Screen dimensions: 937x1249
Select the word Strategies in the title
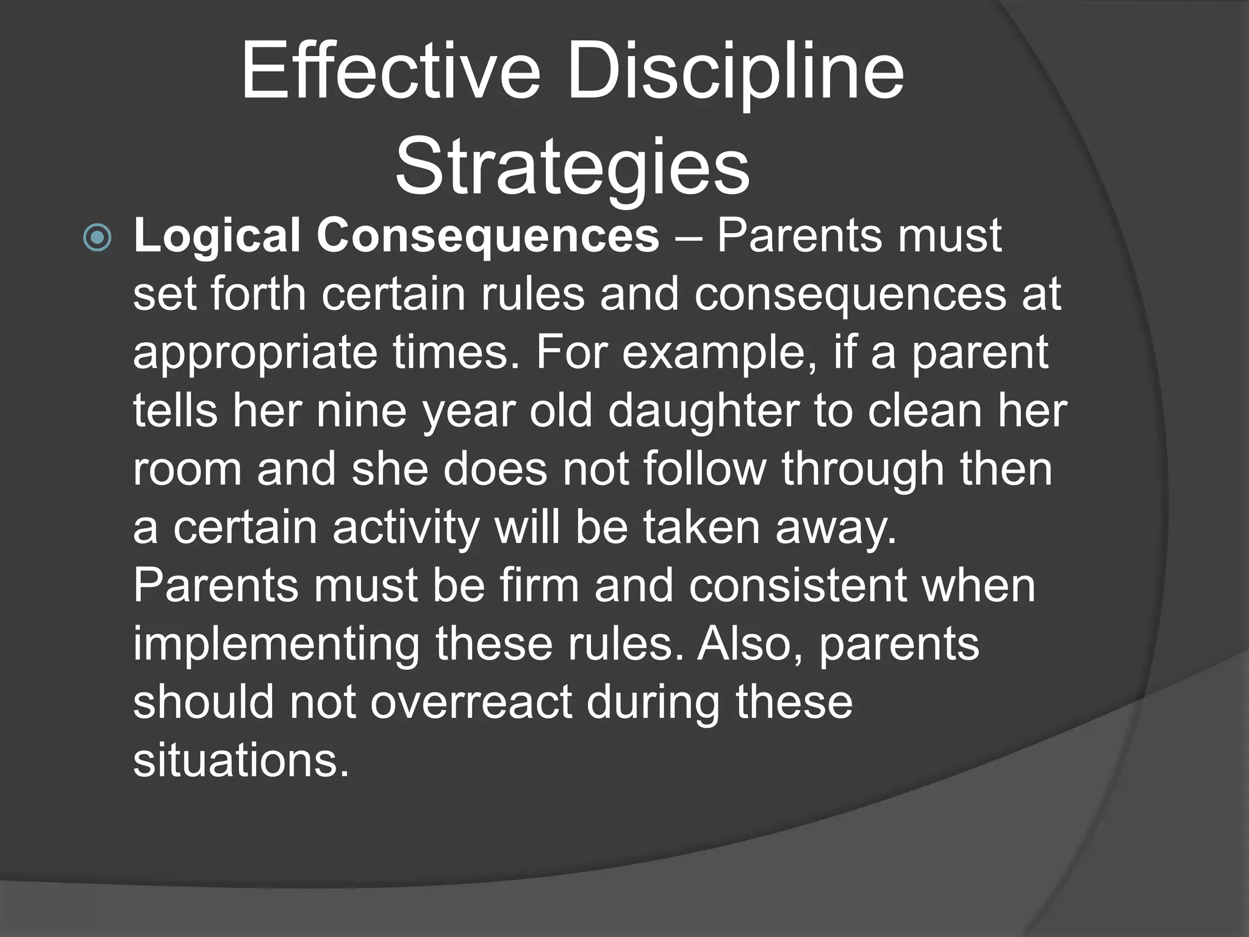[x=572, y=168]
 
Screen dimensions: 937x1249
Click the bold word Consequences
[x=487, y=236]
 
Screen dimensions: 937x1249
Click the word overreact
[x=471, y=702]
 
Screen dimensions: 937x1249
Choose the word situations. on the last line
[x=242, y=760]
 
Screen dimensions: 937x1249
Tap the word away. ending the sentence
[x=836, y=528]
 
